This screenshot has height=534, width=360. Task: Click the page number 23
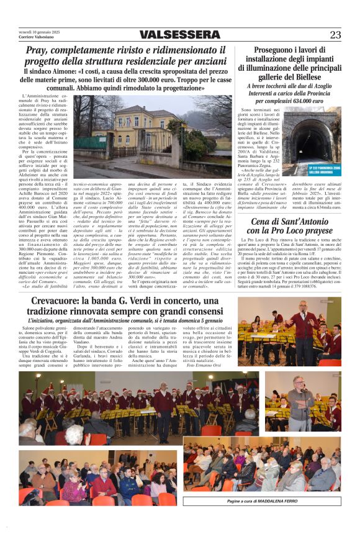[x=335, y=35]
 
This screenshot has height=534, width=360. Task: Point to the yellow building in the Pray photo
[x=143, y=130]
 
